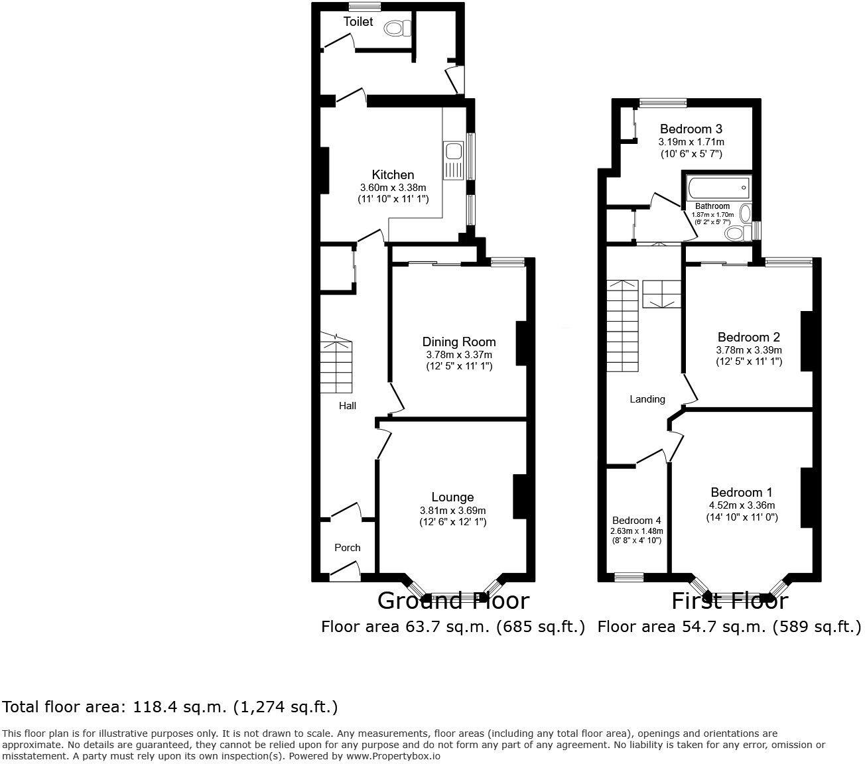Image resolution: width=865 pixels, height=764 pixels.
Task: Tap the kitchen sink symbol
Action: pos(454,160)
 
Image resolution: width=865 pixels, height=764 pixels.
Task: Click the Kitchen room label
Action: pos(393,175)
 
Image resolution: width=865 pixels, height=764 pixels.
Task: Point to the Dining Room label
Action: pos(459,342)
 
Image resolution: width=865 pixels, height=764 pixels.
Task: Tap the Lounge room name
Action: pos(452,497)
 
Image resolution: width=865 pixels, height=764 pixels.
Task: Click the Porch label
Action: pos(347,548)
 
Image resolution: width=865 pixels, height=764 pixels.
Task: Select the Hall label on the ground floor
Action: pos(348,405)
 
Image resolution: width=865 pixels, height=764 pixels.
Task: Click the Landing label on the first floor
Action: pos(647,399)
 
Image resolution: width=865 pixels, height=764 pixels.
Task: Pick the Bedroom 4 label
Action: pos(636,521)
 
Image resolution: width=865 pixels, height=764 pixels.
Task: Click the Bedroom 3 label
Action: pos(691,129)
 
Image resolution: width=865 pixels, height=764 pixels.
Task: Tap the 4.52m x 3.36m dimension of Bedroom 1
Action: pos(742,505)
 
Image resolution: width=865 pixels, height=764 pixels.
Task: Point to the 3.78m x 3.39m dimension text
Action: pos(749,350)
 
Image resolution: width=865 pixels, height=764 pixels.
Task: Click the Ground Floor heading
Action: pos(453,601)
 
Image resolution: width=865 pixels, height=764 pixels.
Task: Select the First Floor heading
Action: pos(729,601)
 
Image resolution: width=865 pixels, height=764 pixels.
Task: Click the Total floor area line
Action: pos(170,707)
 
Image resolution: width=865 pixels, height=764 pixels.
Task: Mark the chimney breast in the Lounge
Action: pos(519,496)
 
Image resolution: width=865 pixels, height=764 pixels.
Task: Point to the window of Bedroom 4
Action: pos(629,577)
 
